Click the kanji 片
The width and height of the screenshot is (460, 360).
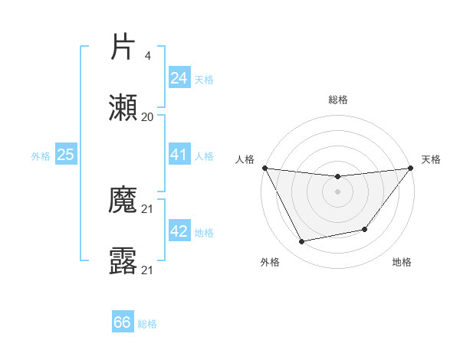pyautogui.click(x=123, y=47)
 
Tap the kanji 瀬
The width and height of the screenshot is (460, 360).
pyautogui.click(x=123, y=109)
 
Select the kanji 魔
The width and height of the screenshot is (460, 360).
pyautogui.click(x=123, y=201)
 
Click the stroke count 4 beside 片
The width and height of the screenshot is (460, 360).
pyautogui.click(x=147, y=56)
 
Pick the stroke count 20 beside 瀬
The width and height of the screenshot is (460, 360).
pyautogui.click(x=147, y=117)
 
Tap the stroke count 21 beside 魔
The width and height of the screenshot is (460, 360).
pyautogui.click(x=147, y=209)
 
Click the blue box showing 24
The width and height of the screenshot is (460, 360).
pyautogui.click(x=179, y=78)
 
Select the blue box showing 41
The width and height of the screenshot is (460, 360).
pyautogui.click(x=179, y=155)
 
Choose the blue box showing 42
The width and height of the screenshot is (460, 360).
pyautogui.click(x=179, y=231)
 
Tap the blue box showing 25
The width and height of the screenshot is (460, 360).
pyautogui.click(x=65, y=155)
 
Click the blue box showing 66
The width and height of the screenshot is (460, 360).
pyautogui.click(x=123, y=322)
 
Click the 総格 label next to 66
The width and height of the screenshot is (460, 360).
pyautogui.click(x=147, y=324)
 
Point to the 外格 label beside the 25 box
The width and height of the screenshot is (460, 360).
pyautogui.click(x=41, y=156)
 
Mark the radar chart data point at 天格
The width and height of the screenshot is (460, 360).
pyautogui.click(x=410, y=169)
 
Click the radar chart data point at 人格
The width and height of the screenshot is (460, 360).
pyautogui.click(x=264, y=168)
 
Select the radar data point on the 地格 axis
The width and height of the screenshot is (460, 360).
pyautogui.click(x=365, y=229)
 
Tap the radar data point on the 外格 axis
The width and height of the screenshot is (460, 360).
pyautogui.click(x=302, y=242)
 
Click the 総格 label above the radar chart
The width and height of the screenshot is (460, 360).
pyautogui.click(x=337, y=100)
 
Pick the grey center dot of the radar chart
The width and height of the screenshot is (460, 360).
pyautogui.click(x=337, y=191)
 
